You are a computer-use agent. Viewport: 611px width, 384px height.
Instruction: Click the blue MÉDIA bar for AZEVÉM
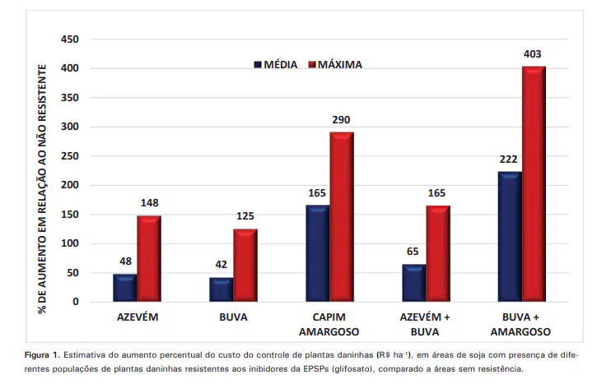pyautogui.click(x=125, y=288)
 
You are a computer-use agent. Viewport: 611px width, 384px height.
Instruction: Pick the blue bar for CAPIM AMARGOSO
pyautogui.click(x=317, y=253)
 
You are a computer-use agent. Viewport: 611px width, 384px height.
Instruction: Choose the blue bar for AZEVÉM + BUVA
pyautogui.click(x=413, y=283)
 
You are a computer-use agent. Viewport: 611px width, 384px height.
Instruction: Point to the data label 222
pyautogui.click(x=510, y=159)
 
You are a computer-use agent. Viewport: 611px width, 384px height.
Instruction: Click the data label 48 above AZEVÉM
pyautogui.click(x=125, y=261)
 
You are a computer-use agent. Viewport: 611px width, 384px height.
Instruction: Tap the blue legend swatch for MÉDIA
pyautogui.click(x=257, y=64)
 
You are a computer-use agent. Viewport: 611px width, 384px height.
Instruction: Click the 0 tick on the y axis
pyautogui.click(x=76, y=302)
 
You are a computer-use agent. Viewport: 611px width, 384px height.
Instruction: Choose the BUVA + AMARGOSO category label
pyautogui.click(x=521, y=323)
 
